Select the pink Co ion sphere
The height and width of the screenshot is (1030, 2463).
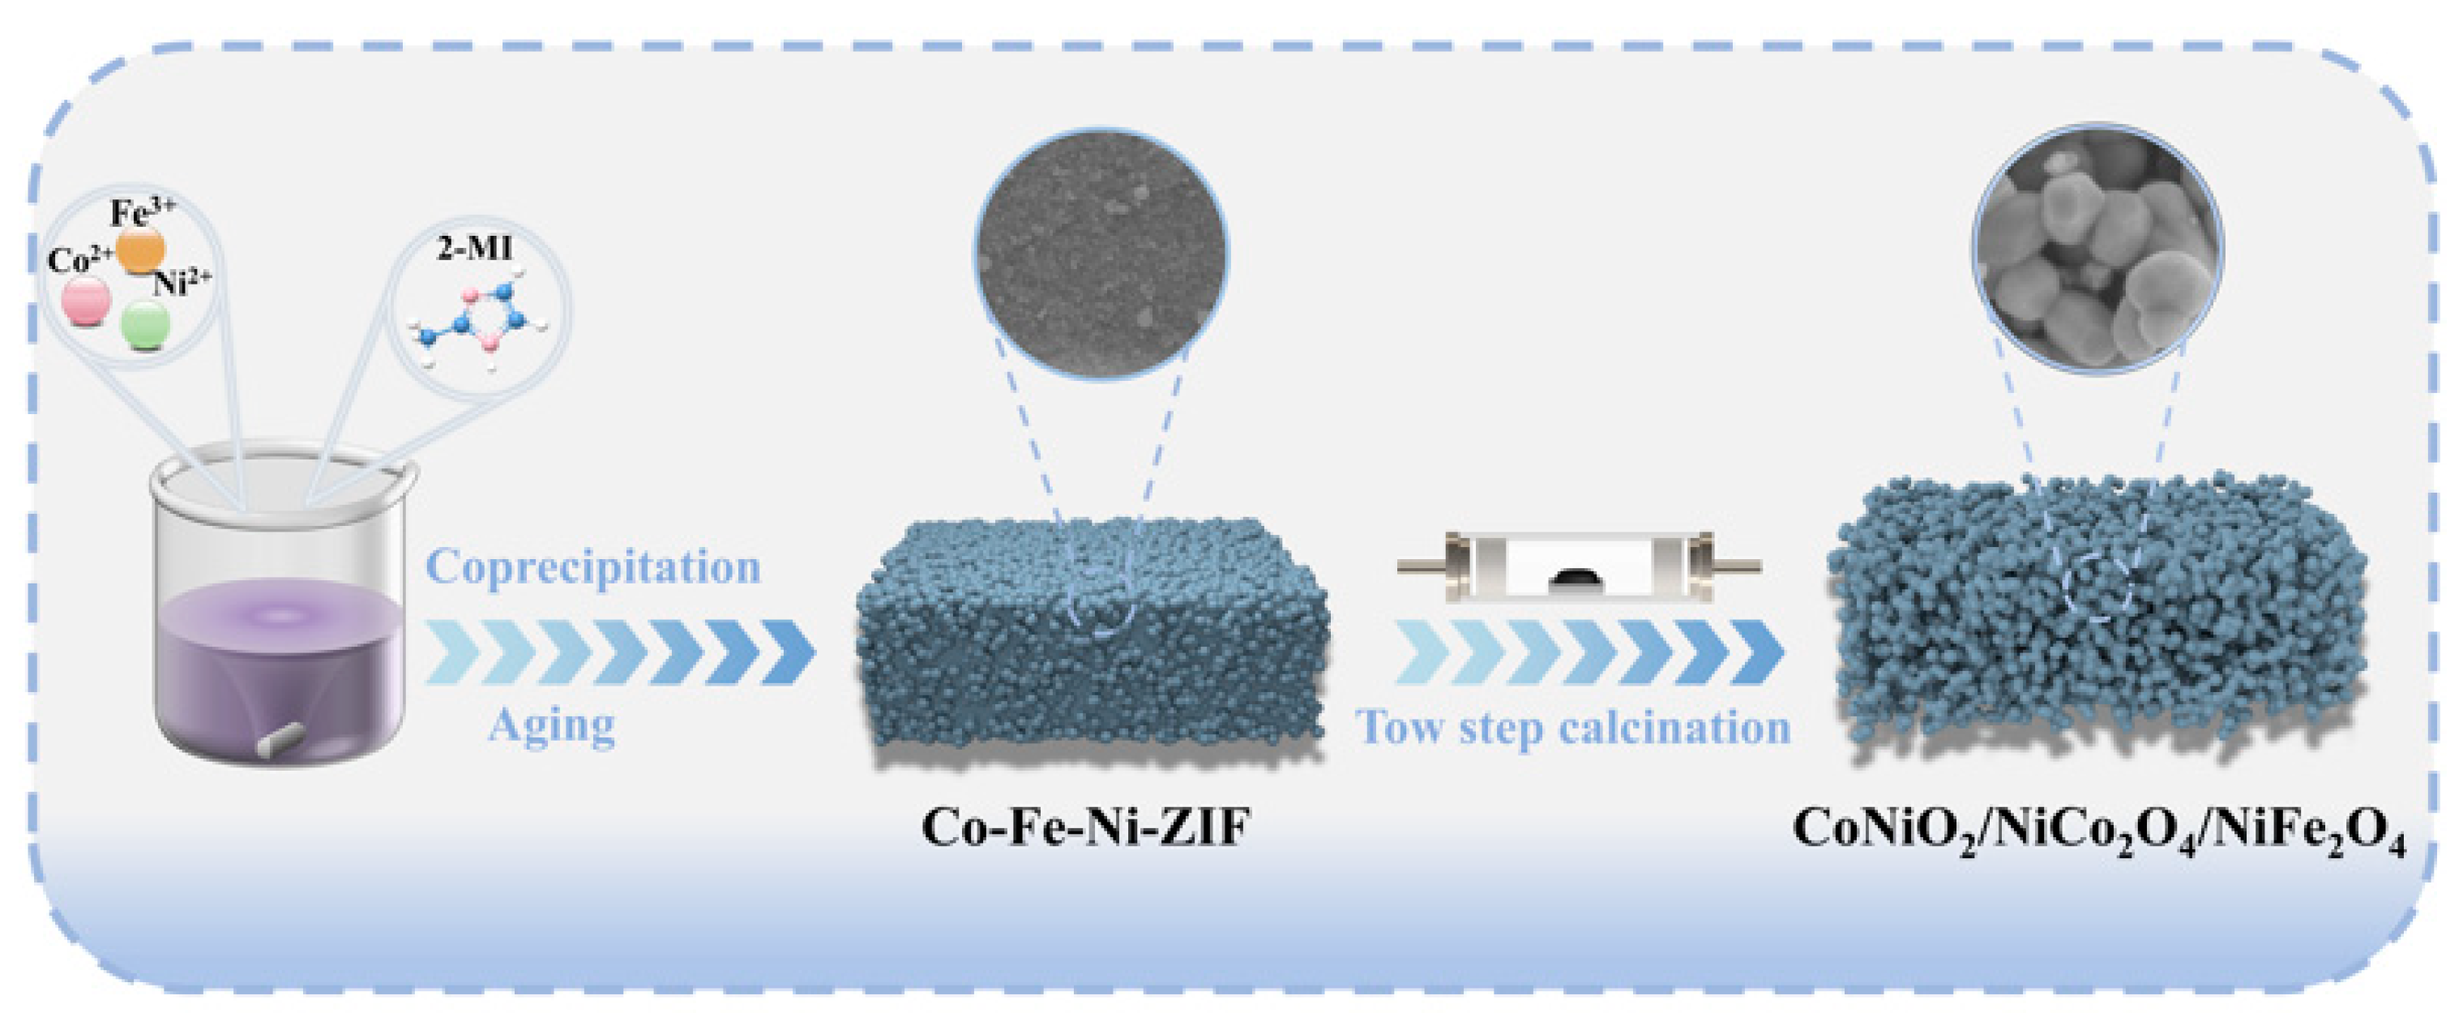[86, 301]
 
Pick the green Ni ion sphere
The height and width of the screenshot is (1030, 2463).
[146, 325]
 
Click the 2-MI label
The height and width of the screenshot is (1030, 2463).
[474, 250]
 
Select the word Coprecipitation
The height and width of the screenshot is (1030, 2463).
[592, 567]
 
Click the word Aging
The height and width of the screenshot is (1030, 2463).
[552, 726]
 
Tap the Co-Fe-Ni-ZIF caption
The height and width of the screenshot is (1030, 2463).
[1085, 828]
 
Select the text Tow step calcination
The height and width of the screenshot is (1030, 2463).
[1573, 728]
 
